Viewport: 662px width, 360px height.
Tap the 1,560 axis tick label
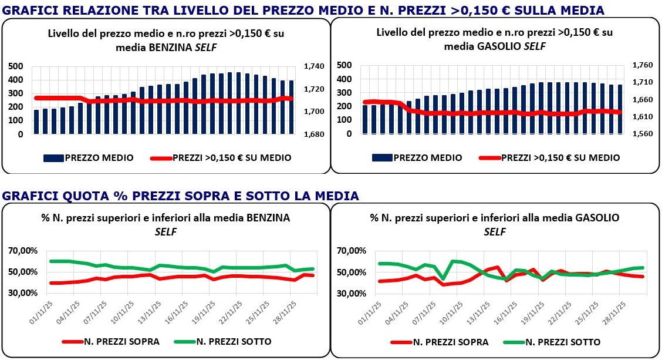(643, 134)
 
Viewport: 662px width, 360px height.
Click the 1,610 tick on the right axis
(643, 117)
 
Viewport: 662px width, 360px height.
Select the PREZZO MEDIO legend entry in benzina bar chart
(89, 157)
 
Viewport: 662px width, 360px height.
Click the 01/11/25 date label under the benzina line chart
(42, 309)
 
